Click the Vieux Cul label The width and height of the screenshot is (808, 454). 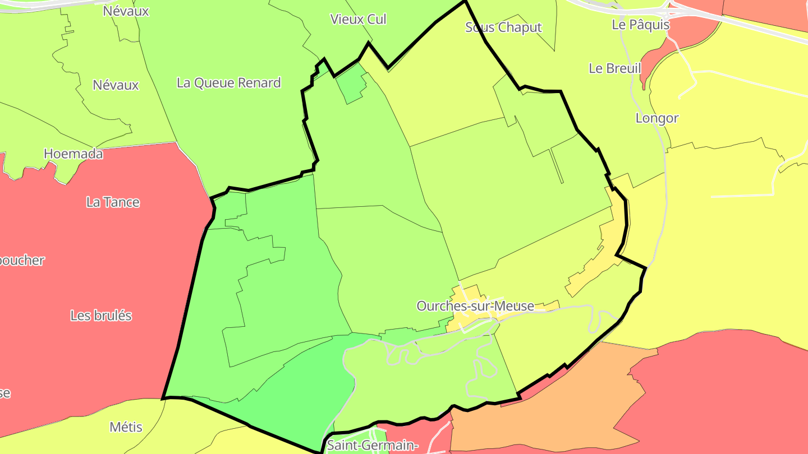coord(358,19)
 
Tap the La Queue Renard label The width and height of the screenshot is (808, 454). coord(228,83)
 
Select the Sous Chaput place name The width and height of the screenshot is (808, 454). coord(503,27)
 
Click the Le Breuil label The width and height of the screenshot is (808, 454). coord(615,68)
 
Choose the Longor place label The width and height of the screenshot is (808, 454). coord(656,118)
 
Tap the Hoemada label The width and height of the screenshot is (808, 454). coord(73,154)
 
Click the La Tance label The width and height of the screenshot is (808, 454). coord(113,202)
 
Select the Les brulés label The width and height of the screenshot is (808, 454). coord(101,316)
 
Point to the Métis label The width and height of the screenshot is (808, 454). coord(126,427)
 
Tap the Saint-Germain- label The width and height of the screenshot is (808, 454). coord(372,446)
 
